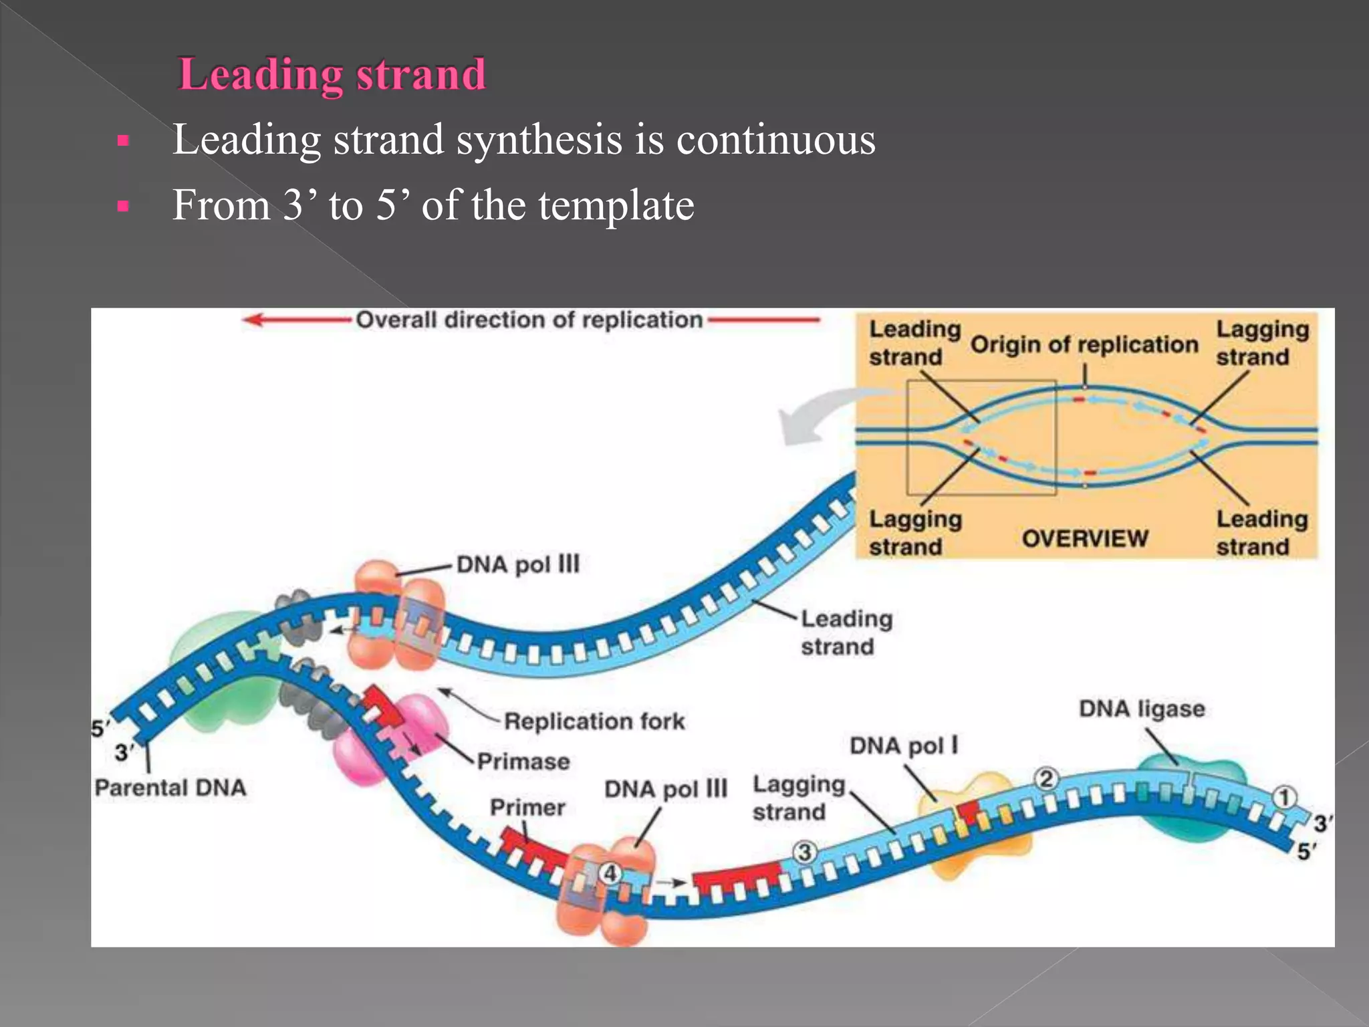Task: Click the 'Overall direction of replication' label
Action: [x=529, y=320]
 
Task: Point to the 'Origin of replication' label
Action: [x=1084, y=345]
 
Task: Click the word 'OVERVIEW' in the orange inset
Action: [x=1084, y=538]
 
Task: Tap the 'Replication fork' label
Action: [x=594, y=721]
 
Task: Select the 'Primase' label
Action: [x=523, y=762]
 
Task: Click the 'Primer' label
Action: [x=527, y=808]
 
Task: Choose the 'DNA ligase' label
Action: [x=1142, y=709]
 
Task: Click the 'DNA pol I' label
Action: [x=903, y=746]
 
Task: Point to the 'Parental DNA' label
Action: [x=170, y=788]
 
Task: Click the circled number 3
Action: [x=805, y=852]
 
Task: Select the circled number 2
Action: [x=1046, y=779]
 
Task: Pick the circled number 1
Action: [x=1283, y=798]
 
